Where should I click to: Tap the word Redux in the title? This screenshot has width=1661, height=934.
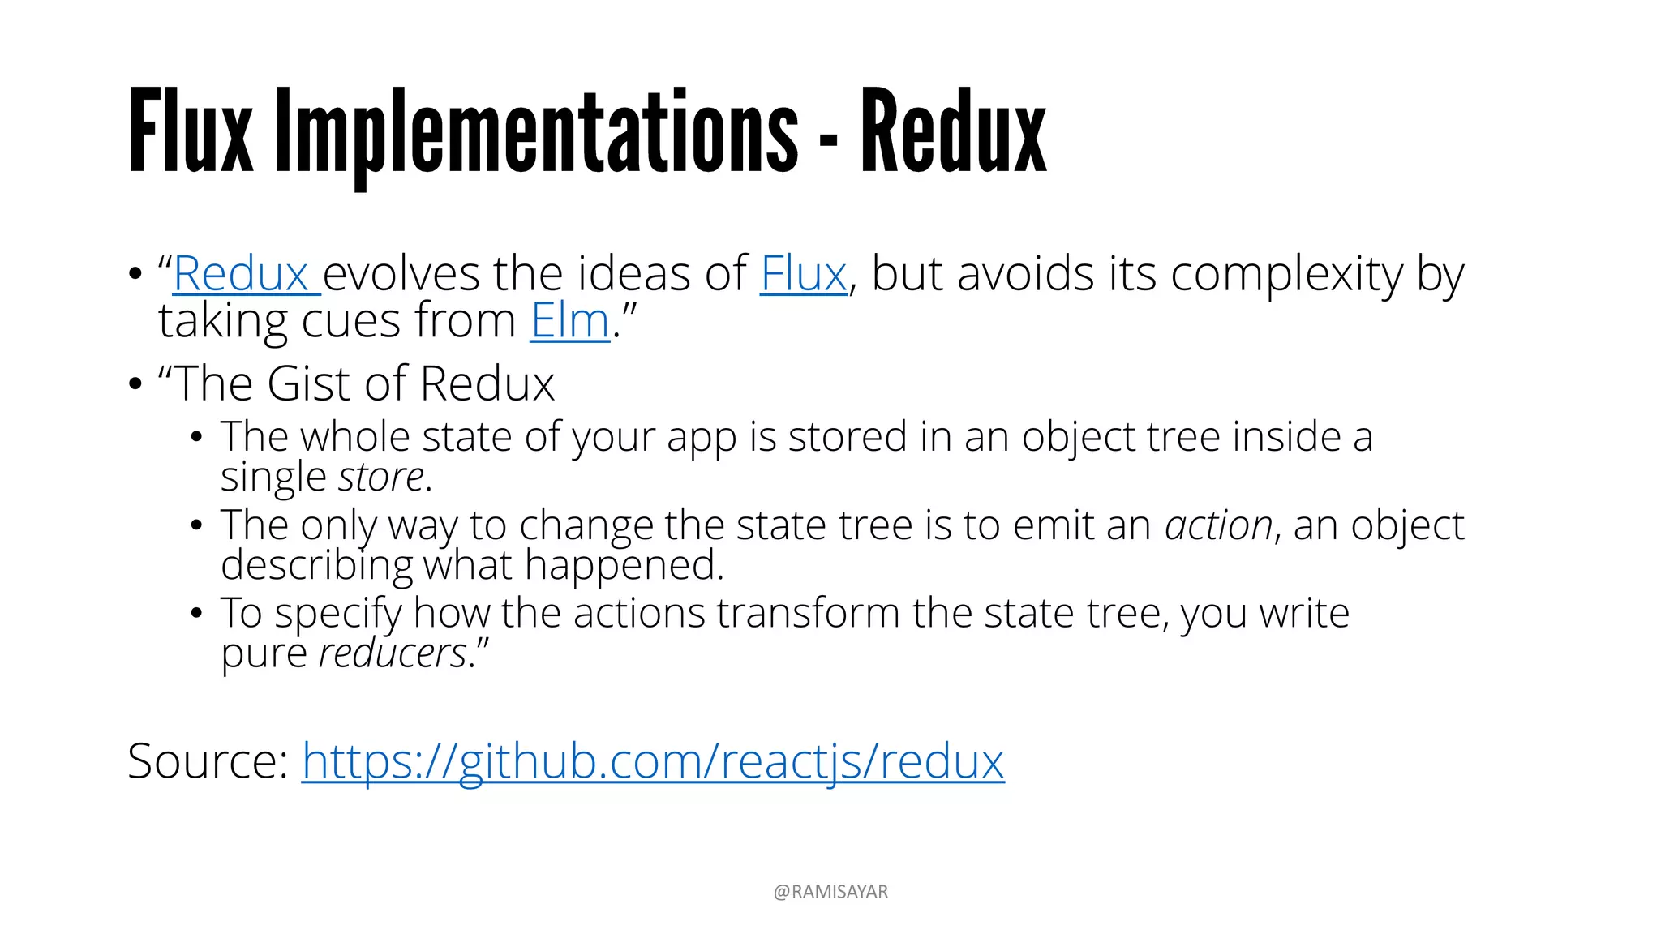(x=954, y=132)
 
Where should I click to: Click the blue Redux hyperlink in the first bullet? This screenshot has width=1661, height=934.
(x=242, y=274)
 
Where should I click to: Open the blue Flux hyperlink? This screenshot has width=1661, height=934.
(x=803, y=274)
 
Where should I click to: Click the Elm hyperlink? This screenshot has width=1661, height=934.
(x=569, y=321)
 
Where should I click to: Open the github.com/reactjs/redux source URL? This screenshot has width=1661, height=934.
(x=653, y=761)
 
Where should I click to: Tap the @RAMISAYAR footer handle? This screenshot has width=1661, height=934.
(x=830, y=892)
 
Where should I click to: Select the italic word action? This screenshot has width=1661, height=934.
(x=1218, y=525)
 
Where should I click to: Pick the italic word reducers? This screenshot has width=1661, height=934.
(x=393, y=653)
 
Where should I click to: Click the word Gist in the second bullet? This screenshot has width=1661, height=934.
(x=308, y=383)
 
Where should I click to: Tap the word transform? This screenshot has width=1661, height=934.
(x=808, y=613)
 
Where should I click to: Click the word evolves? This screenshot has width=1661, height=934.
(x=401, y=274)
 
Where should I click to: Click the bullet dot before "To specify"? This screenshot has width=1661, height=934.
(x=195, y=613)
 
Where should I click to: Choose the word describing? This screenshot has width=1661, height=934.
(x=316, y=565)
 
